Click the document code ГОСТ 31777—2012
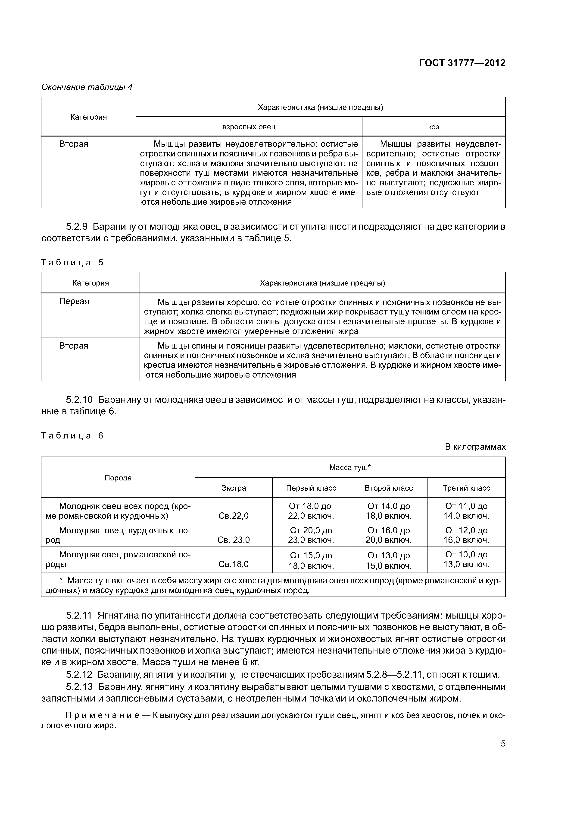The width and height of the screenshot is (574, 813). [x=462, y=63]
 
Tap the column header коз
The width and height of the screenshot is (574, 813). [x=434, y=127]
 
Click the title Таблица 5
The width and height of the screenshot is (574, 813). [x=72, y=263]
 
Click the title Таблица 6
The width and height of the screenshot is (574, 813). [x=72, y=435]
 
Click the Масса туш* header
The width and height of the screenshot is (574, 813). [x=350, y=467]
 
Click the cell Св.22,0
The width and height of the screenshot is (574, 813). [x=234, y=516]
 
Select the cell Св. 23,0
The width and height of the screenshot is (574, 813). [x=234, y=540]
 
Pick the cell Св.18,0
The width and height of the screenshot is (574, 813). [x=234, y=564]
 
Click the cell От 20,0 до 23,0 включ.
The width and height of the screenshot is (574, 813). [x=311, y=535]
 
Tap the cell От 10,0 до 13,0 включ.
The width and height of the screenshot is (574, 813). [x=466, y=559]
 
